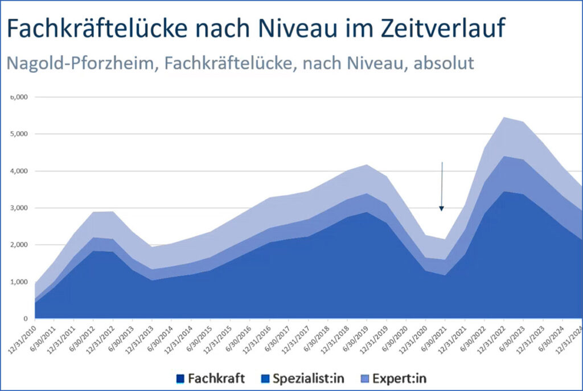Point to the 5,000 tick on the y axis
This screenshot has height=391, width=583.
21,134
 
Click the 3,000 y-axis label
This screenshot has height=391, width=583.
21,208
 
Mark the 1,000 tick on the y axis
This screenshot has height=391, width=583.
21,282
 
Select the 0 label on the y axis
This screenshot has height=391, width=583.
26,319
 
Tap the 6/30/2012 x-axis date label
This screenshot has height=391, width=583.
86,337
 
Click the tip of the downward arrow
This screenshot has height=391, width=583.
441,209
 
